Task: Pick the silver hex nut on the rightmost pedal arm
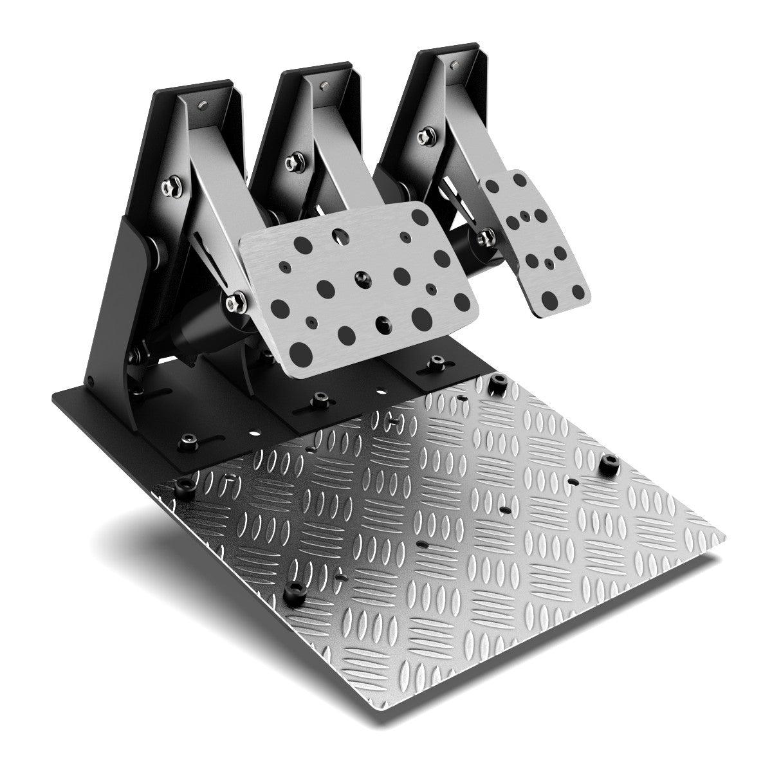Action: coord(424,136)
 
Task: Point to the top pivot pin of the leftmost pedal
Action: coord(203,104)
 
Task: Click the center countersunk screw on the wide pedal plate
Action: coord(359,277)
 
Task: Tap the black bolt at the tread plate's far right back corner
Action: coord(496,384)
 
